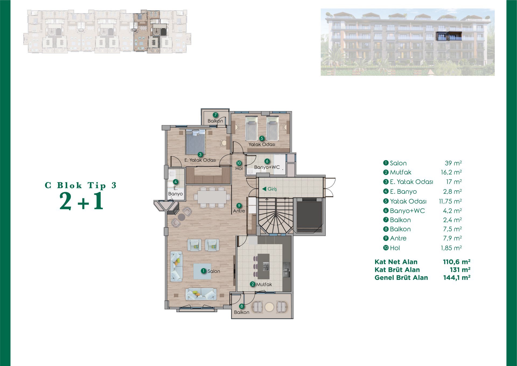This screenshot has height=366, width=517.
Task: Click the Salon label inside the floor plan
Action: coord(214,271)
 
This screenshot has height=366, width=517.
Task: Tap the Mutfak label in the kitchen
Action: coord(264,284)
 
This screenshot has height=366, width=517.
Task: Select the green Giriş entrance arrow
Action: coord(264,189)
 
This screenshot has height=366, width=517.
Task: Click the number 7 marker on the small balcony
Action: coord(215,115)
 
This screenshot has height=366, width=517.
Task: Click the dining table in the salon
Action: coord(212,197)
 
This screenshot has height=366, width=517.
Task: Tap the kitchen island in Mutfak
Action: coord(264,266)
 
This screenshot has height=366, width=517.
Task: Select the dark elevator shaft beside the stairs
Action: coord(309,215)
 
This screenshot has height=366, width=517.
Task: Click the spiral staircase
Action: coord(275,216)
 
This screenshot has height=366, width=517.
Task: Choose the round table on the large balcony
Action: coord(269,307)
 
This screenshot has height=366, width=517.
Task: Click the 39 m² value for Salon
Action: coord(453,163)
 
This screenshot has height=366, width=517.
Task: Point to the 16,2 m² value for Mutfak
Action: coord(451,172)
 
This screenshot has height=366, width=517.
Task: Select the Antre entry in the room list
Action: coord(395,238)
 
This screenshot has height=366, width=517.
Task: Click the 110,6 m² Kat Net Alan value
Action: coord(457,262)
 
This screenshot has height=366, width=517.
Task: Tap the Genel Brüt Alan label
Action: coord(401,278)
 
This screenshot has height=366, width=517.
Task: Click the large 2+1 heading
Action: coord(81,201)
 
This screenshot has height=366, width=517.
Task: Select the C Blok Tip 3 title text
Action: coord(81,185)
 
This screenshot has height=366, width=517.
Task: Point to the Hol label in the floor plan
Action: coord(239,168)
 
